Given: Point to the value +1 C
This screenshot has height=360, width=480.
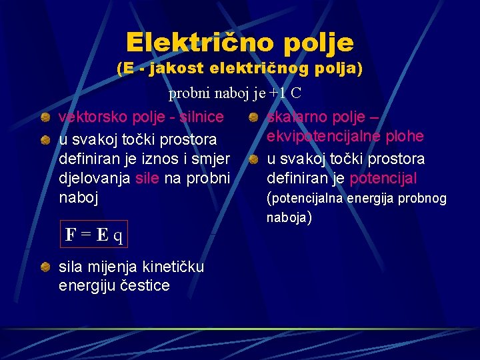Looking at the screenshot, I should coord(287,94).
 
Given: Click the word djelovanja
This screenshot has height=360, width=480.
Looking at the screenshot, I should coord(94,179).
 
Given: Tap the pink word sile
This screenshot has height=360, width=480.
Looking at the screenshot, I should coord(147,179).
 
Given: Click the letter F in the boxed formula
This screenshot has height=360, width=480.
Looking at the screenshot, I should coord(70,235).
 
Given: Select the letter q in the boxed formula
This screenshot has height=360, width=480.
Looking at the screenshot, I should coord(117,235).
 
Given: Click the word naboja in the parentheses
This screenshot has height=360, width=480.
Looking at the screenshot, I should coord(287,217).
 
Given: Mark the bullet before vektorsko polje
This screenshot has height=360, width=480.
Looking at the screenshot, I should coord(45,118).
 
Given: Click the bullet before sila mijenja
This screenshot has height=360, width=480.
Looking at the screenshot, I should coord(45,267).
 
